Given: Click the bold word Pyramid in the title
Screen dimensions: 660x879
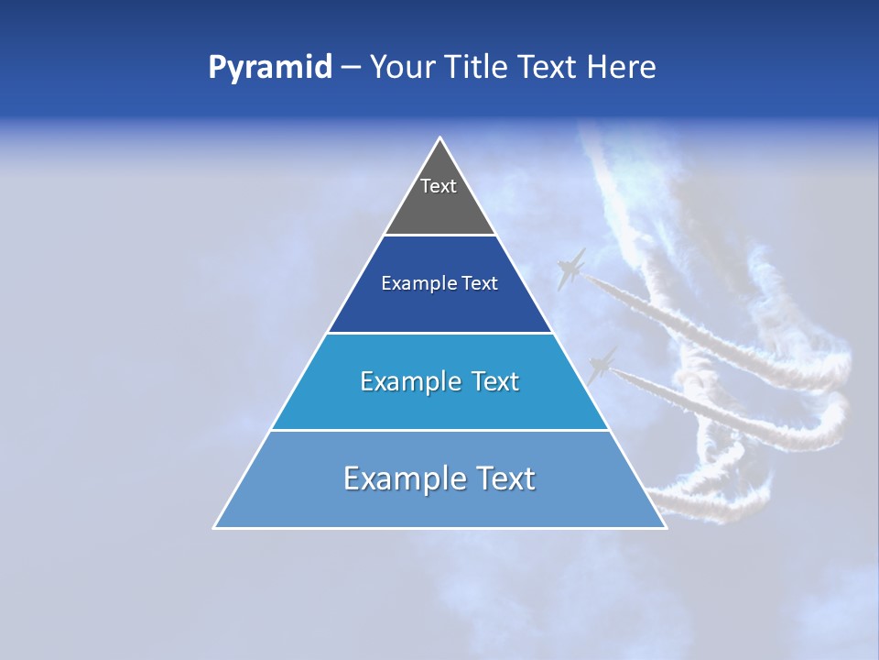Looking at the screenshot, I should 270,68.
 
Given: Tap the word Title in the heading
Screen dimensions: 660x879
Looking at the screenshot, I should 477,68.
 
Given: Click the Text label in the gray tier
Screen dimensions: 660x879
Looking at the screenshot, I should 439,186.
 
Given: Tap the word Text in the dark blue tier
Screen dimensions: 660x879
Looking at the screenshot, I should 480,284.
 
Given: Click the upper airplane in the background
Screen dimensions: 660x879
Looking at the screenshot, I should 570,269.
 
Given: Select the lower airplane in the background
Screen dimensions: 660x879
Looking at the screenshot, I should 602,364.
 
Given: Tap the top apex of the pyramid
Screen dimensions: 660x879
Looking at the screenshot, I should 440,139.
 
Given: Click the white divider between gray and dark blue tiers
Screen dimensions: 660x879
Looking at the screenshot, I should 439,236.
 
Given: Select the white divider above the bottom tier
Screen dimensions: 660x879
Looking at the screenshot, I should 439,430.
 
